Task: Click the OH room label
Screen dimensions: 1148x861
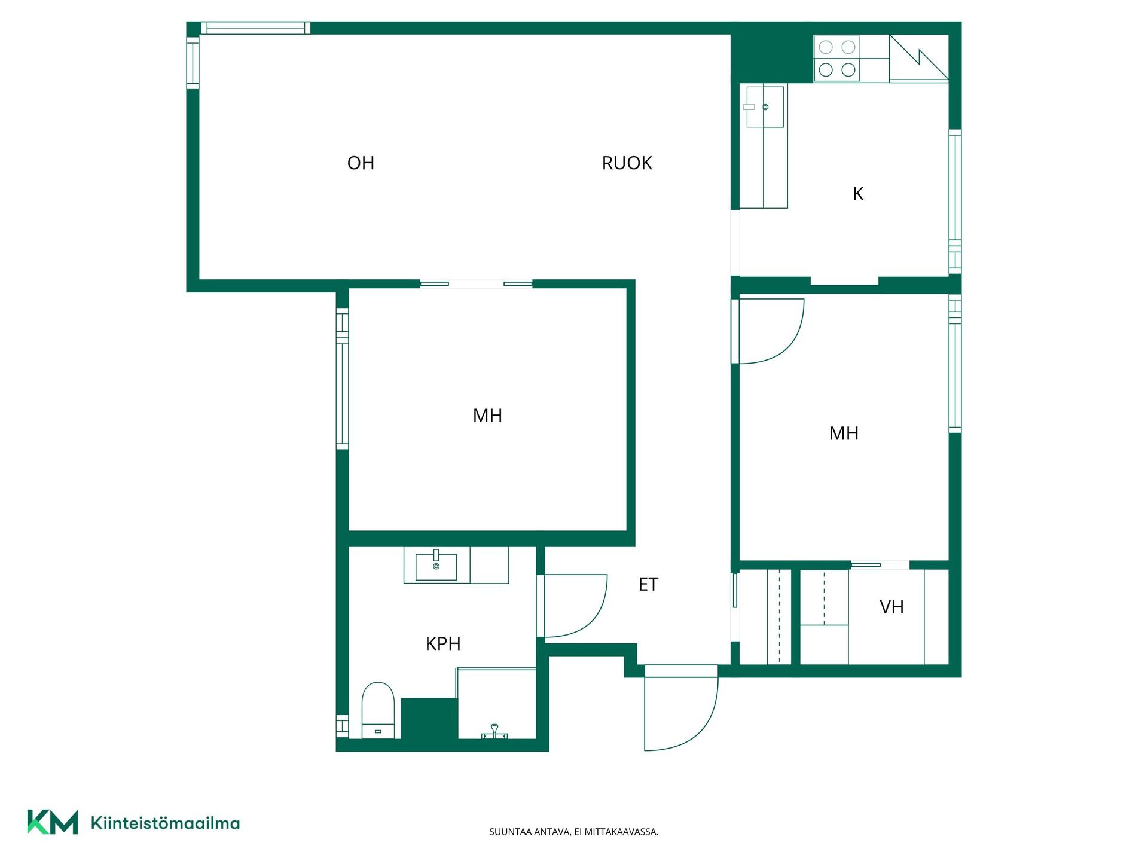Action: pos(361,163)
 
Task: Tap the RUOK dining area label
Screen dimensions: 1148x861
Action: pos(627,163)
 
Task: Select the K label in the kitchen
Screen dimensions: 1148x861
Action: pos(858,194)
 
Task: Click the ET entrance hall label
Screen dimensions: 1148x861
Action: pos(648,584)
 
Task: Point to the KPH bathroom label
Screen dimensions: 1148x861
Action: pos(443,643)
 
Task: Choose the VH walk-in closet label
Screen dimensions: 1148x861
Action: pos(891,607)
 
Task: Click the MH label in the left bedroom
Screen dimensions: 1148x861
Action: pos(487,416)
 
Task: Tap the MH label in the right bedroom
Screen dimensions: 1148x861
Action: pos(844,433)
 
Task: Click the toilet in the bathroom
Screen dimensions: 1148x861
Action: pos(378,710)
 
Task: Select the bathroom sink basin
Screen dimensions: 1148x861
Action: pos(436,566)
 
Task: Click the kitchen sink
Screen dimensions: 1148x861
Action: pos(764,107)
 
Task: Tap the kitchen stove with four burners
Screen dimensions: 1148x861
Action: pos(836,59)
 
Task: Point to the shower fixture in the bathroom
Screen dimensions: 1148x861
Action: pos(494,732)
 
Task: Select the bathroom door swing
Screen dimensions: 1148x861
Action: pos(572,606)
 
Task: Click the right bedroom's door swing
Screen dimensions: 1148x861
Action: pos(768,331)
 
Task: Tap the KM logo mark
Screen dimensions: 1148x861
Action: pos(53,822)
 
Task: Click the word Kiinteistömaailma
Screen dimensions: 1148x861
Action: pos(165,823)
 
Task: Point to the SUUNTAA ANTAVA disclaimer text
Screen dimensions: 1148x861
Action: pos(573,832)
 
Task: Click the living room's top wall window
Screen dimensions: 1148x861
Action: pos(255,28)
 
